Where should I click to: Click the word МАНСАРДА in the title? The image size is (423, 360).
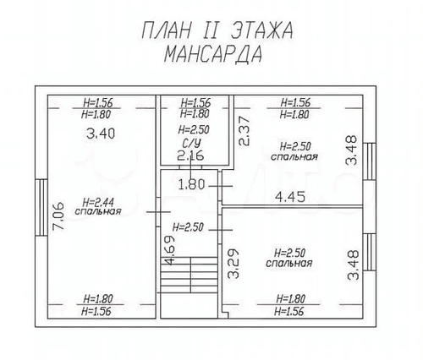[213, 54]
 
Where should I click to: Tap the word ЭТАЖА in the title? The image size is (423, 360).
[262, 30]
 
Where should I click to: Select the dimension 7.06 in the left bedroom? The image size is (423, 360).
[59, 216]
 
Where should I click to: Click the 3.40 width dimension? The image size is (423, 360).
[101, 134]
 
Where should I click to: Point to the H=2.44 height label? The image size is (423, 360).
[98, 202]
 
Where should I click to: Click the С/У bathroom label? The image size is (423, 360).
[191, 144]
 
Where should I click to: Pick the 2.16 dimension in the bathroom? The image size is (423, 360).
[190, 155]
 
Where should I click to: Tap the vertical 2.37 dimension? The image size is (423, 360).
[244, 131]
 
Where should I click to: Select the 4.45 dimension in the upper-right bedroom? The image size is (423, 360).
[290, 196]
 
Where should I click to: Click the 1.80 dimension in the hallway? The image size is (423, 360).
[191, 185]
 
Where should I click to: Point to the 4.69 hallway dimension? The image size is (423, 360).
[169, 250]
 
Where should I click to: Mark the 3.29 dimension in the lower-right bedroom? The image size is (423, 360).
[233, 264]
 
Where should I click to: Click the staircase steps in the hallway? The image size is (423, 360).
[190, 275]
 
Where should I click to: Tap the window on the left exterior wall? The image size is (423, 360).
[41, 207]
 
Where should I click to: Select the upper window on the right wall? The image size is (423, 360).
[369, 161]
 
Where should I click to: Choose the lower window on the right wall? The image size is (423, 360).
[369, 252]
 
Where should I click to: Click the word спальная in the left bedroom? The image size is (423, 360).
[98, 211]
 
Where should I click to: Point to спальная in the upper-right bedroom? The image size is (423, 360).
[294, 156]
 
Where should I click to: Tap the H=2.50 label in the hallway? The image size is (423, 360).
[188, 227]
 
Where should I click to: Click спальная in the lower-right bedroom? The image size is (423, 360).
[289, 263]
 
